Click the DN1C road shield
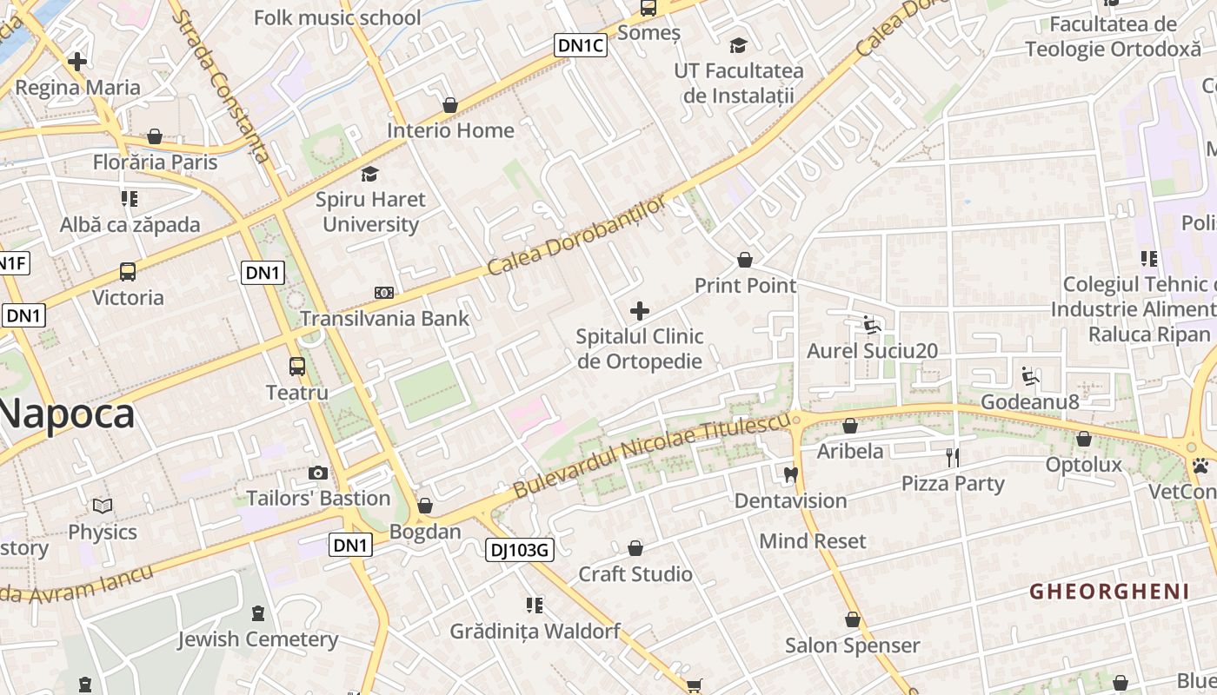pyautogui.click(x=581, y=45)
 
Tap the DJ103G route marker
pyautogui.click(x=519, y=549)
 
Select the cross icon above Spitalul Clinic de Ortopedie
pyautogui.click(x=640, y=310)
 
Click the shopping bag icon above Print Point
pyautogui.click(x=745, y=260)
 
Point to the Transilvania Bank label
pyautogui.click(x=384, y=318)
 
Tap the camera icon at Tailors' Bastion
pyautogui.click(x=318, y=473)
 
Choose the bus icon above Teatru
pyautogui.click(x=297, y=367)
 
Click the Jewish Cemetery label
pyautogui.click(x=257, y=639)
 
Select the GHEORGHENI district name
pyautogui.click(x=1109, y=592)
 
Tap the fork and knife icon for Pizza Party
pyautogui.click(x=953, y=457)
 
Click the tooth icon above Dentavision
pyautogui.click(x=790, y=474)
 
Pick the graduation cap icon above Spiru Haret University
pyautogui.click(x=370, y=174)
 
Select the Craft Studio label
pyautogui.click(x=635, y=574)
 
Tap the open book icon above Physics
pyautogui.click(x=103, y=506)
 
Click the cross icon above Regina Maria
pyautogui.click(x=77, y=62)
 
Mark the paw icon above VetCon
pyautogui.click(x=1200, y=467)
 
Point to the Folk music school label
pyautogui.click(x=337, y=17)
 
